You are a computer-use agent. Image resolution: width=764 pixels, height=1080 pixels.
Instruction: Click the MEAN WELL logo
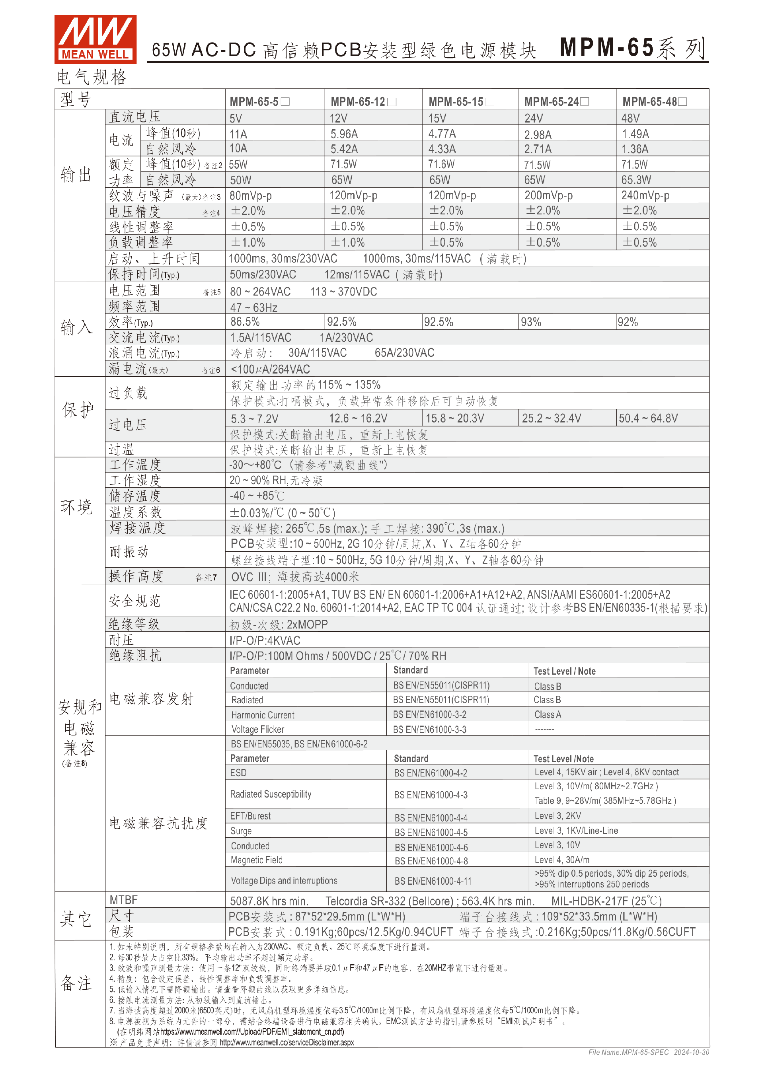95,39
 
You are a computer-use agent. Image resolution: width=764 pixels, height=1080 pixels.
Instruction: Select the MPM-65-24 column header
556,101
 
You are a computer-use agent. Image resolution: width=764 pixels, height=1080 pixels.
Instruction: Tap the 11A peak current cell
238,134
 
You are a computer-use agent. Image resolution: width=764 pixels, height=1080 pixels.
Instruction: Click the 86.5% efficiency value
245,322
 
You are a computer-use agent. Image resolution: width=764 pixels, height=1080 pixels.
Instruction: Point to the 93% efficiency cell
531,322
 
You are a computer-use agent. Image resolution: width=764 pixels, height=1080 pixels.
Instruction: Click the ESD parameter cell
238,773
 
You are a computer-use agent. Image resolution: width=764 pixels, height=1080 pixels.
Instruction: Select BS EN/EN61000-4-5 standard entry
431,832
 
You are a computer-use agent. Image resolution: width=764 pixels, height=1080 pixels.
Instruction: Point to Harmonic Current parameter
263,715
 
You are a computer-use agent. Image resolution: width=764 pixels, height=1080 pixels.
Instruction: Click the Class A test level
547,714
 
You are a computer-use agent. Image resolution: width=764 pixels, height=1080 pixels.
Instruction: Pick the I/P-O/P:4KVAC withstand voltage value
265,640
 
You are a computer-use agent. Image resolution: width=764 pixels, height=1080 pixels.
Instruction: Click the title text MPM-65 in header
607,47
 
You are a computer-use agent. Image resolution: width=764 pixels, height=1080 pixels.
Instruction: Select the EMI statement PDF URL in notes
252,1031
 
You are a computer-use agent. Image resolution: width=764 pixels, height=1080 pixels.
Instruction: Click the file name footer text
648,1052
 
